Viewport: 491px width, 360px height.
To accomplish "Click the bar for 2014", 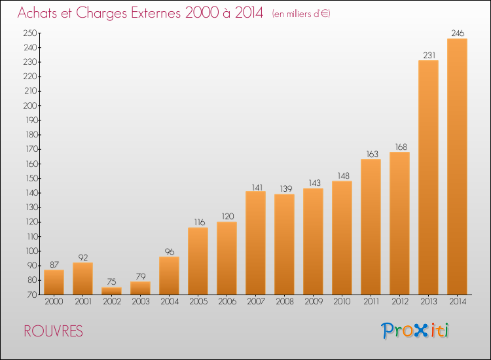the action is click(x=457, y=166).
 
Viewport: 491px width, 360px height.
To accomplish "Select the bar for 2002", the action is click(x=111, y=291).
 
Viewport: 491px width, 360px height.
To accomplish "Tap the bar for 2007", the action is click(x=255, y=243).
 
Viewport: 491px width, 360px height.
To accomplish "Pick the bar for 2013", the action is click(x=428, y=177).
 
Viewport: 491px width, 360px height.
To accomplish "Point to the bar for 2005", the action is click(x=198, y=261).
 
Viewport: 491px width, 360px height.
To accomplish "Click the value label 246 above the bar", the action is click(x=458, y=33).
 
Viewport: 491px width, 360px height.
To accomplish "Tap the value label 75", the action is click(x=111, y=281).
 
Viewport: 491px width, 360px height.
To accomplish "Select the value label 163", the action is click(x=373, y=154).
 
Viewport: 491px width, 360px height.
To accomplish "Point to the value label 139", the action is click(x=286, y=189).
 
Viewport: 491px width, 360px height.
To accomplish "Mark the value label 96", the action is click(x=170, y=251).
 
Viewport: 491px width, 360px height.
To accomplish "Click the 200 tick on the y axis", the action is click(x=30, y=105).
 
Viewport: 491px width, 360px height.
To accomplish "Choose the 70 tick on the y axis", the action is click(x=33, y=295).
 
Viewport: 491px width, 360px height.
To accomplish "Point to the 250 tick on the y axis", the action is click(x=30, y=33).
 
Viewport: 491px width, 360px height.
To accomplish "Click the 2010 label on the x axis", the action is click(x=342, y=301).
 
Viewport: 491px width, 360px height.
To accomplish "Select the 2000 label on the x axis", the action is click(x=54, y=301).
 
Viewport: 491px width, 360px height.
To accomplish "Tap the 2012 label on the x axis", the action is click(x=400, y=301).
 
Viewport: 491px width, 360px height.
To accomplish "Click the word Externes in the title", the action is click(x=156, y=13).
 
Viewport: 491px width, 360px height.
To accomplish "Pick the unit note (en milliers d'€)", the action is click(x=301, y=14).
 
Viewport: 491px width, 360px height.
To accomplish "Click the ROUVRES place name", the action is click(x=53, y=331).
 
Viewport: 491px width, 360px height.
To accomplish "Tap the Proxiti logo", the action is click(x=415, y=331).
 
